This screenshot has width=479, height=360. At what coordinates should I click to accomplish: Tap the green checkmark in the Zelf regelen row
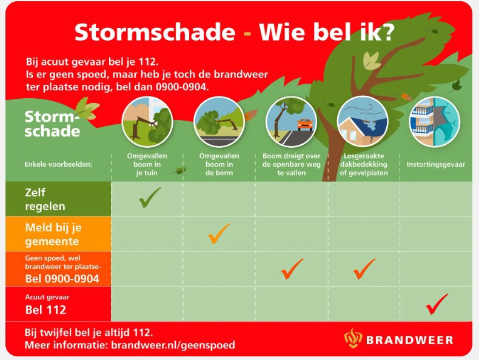(149, 198)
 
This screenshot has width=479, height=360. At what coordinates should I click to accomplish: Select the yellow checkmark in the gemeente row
(218, 233)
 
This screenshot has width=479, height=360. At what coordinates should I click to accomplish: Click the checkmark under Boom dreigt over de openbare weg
(292, 268)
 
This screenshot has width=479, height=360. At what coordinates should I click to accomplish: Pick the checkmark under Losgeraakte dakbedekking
(364, 268)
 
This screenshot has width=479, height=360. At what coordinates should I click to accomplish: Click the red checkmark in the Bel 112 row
(436, 304)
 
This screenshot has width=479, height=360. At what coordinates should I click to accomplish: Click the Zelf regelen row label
(45, 199)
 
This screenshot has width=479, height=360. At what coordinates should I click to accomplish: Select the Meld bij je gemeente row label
(53, 235)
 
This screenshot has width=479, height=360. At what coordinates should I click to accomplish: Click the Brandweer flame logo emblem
(353, 338)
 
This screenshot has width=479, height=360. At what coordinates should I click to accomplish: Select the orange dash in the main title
(247, 33)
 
